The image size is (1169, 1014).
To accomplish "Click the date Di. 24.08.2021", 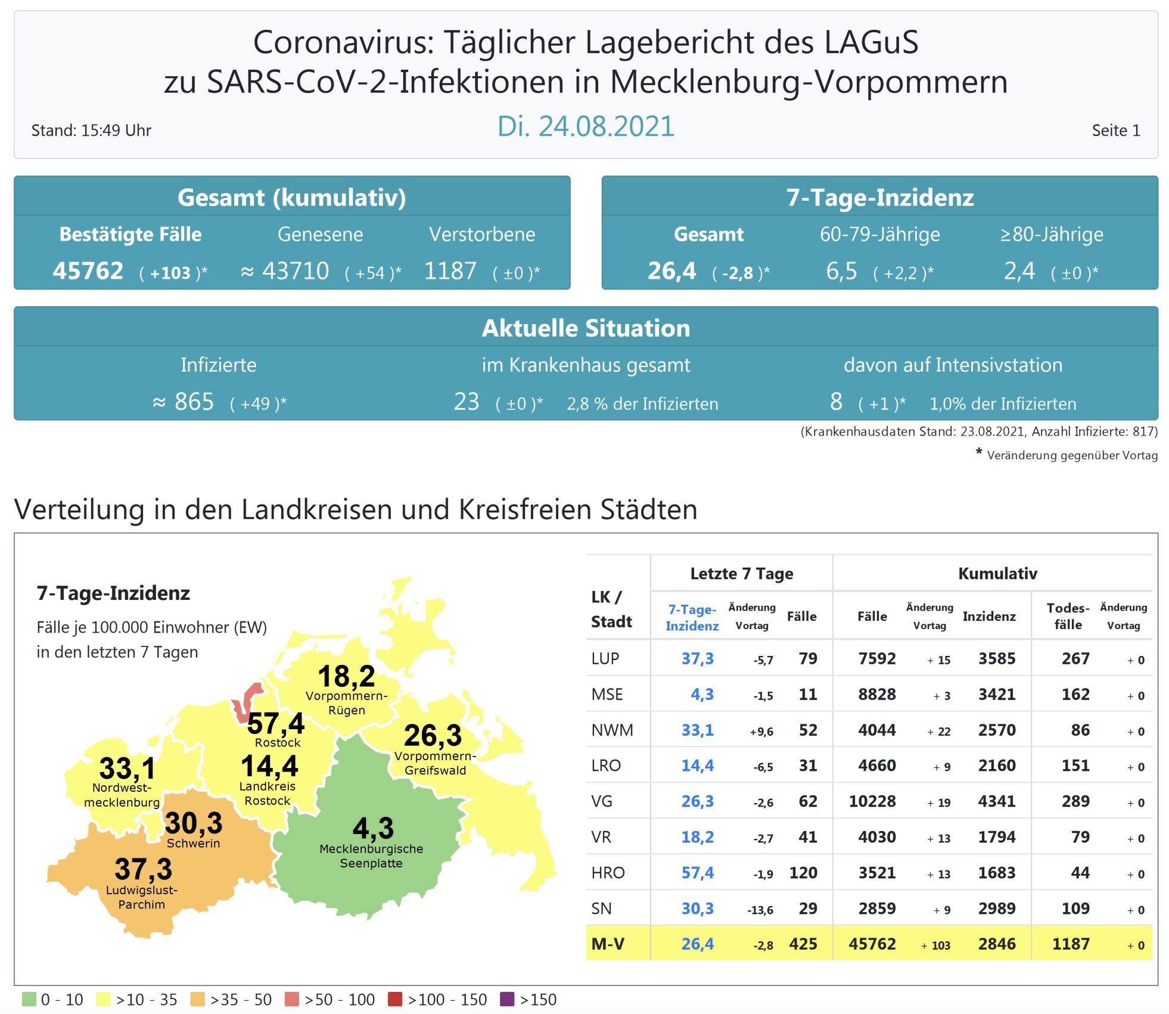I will point(585,126).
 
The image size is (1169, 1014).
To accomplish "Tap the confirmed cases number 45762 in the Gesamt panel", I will point(88,271).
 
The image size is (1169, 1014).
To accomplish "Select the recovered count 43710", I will point(296,271).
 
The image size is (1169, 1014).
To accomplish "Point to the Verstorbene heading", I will point(481,234).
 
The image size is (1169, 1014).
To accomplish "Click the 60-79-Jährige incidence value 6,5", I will point(841,271).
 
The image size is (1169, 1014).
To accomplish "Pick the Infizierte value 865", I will point(194,402).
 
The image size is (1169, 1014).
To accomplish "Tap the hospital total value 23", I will point(466,402).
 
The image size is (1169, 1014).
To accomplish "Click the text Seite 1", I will point(1115,130).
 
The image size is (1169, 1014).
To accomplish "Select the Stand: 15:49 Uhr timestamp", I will point(91,130).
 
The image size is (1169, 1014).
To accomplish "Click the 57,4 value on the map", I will point(275,723).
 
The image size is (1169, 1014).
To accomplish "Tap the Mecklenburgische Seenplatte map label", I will point(371,856).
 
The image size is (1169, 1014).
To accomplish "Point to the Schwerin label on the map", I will point(193,843).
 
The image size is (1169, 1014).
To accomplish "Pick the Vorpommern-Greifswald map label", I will point(435,763).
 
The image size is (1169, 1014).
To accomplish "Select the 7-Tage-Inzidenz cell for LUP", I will point(697,658).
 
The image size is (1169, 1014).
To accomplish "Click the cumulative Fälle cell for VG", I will point(872,801).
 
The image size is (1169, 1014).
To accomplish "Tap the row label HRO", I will point(607,873).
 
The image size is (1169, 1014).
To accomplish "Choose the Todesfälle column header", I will point(1068,616).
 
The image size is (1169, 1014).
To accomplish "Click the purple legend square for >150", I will point(507,999).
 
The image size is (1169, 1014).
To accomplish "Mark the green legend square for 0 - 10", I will point(29,999).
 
